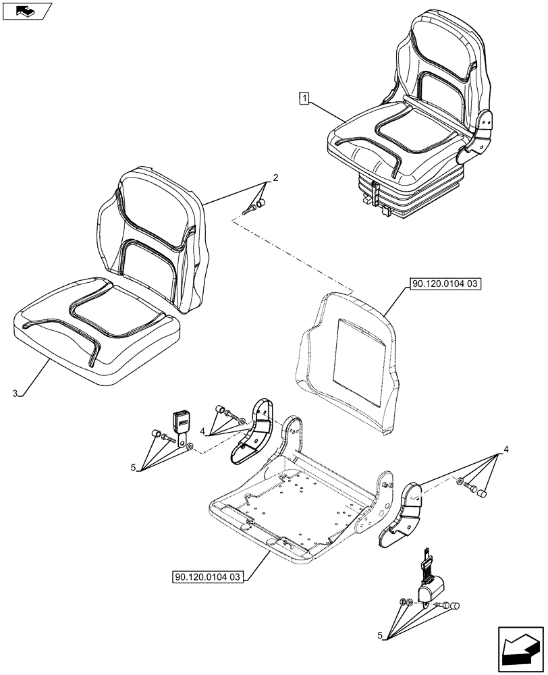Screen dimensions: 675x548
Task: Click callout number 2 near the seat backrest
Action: [x=275, y=178]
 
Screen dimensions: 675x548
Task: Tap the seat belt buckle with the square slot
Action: [x=183, y=423]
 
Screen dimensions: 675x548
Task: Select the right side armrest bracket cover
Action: [x=403, y=513]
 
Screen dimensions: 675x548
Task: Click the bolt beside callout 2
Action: [x=252, y=209]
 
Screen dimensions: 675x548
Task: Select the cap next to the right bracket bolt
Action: [x=483, y=495]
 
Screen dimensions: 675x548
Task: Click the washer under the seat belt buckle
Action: [x=190, y=446]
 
